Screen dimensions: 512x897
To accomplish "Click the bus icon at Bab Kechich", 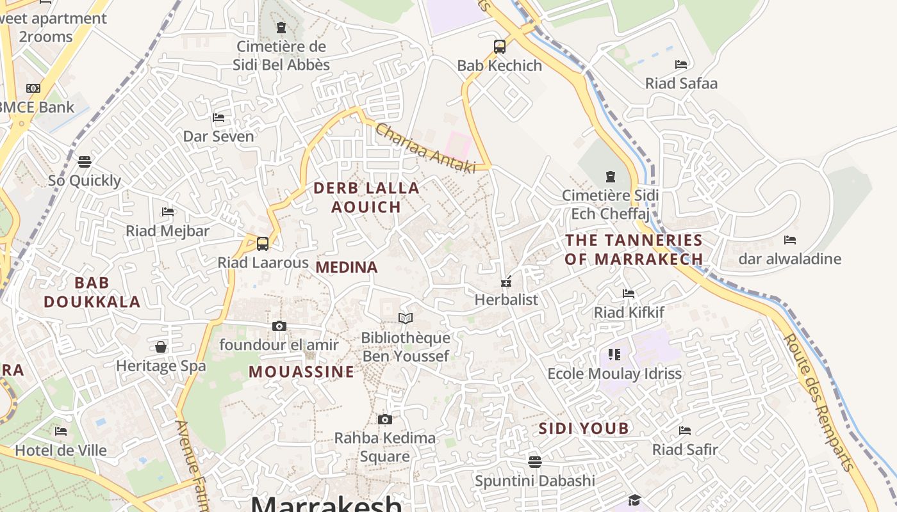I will [500, 46].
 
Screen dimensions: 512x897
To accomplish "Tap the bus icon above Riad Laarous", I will [263, 243].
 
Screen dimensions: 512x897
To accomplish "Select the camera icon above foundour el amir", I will [279, 326].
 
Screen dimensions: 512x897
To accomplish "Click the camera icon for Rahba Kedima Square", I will [384, 419].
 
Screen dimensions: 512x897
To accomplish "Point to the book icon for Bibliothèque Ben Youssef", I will [406, 318].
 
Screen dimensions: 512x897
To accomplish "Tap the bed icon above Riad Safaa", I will [681, 64].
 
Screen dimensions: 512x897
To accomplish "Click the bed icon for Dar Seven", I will [218, 117].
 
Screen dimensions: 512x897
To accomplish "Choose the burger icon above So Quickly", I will [85, 161].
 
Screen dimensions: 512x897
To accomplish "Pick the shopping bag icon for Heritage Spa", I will [161, 347].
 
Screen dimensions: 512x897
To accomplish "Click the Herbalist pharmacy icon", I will [506, 281].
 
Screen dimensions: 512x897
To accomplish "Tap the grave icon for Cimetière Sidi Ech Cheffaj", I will [610, 176].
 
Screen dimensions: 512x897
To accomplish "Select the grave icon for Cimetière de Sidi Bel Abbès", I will [281, 28].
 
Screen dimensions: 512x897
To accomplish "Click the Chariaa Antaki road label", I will [426, 148].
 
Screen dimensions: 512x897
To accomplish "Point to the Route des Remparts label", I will [819, 402].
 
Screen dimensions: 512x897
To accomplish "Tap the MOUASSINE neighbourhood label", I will [301, 372].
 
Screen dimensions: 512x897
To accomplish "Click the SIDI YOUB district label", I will [584, 428].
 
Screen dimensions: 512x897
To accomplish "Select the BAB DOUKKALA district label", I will [92, 292].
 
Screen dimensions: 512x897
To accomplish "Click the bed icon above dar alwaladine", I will [790, 240].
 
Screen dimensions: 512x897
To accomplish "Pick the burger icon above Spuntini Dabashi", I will [535, 461].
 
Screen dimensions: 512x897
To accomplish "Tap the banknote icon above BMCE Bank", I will [33, 88].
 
